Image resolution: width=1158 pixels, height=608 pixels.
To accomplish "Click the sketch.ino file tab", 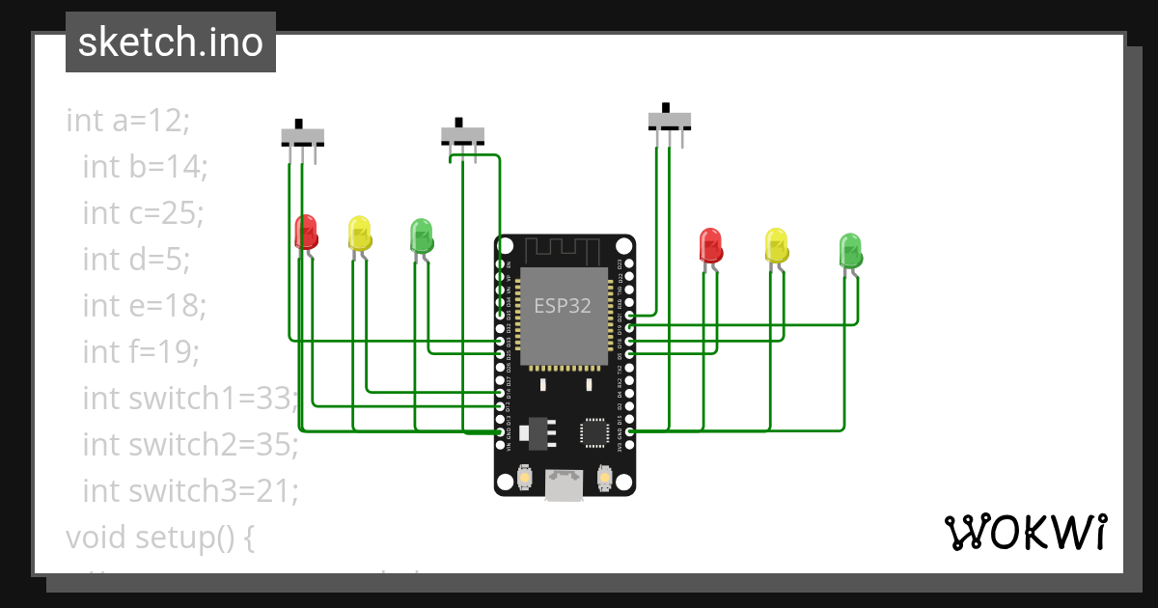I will (x=170, y=42).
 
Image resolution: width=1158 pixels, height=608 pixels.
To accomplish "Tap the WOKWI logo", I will (x=1024, y=532).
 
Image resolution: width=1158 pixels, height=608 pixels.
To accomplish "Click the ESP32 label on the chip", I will (x=563, y=306).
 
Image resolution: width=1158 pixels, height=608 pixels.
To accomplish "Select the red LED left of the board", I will (x=306, y=233).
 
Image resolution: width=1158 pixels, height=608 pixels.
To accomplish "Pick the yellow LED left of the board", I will (x=360, y=234).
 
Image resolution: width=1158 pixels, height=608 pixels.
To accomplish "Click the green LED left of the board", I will (x=422, y=235).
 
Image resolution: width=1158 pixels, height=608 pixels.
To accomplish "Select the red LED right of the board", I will (x=710, y=245).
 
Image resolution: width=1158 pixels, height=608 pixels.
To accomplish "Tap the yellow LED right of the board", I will (x=776, y=245).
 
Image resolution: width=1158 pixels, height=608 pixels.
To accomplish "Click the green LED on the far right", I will (x=850, y=250).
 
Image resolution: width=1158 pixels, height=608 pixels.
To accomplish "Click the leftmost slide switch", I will (x=302, y=136).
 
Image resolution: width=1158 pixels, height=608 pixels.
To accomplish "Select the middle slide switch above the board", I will (x=463, y=134).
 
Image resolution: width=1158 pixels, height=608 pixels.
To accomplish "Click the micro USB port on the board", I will (x=564, y=484).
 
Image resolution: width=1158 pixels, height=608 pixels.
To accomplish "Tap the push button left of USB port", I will (x=525, y=477).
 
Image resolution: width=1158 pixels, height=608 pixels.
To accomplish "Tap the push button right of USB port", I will (x=605, y=477).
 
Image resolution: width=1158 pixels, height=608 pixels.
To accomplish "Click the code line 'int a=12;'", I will (x=128, y=121).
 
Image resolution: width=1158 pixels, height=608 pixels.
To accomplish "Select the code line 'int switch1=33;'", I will (x=191, y=399).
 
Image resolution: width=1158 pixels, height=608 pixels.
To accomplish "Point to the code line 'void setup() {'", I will (x=159, y=537).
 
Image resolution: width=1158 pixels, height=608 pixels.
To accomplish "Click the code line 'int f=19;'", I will (x=141, y=352).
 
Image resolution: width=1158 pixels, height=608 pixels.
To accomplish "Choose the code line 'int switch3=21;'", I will (x=190, y=491).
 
